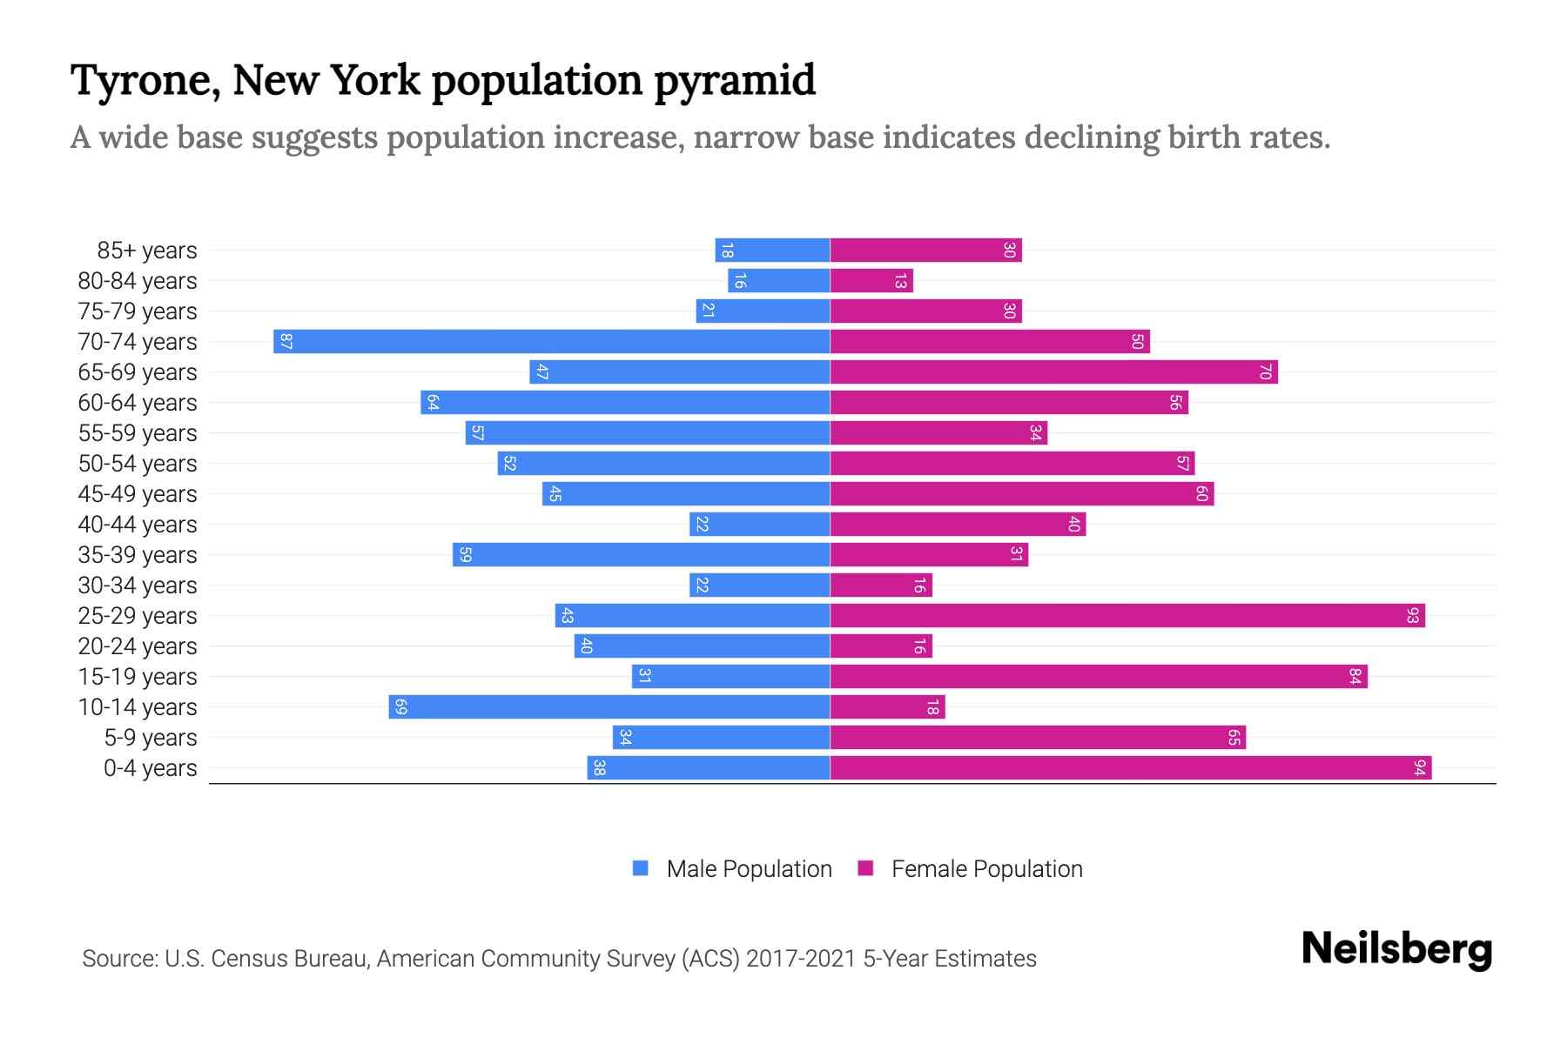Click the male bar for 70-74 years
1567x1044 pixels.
551,341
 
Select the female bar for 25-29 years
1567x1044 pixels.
1127,615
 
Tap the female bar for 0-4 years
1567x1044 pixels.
1130,767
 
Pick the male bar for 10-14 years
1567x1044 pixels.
609,706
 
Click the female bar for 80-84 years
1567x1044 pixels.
871,280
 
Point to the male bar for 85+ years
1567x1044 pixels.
772,250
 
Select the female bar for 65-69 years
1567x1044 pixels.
1053,371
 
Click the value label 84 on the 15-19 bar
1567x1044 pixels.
1355,676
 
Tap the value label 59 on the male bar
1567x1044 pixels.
465,554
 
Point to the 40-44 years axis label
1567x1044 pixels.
138,524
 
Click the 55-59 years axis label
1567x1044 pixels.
138,432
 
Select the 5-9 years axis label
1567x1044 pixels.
150,737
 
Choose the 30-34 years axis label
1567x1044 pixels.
138,585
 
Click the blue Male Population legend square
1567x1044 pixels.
641,868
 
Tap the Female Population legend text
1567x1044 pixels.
986,868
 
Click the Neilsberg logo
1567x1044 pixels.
1396,949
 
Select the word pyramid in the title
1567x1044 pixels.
735,80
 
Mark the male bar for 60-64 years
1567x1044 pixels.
625,402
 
